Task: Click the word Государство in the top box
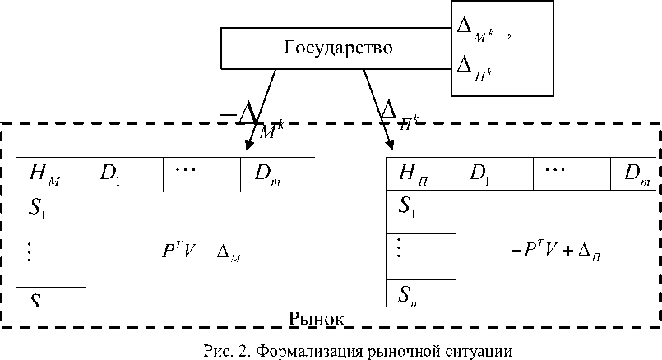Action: point(338,48)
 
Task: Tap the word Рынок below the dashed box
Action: point(315,318)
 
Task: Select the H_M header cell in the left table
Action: point(44,173)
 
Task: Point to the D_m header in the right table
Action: point(637,174)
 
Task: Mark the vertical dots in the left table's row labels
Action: point(30,252)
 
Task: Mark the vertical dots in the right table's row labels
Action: point(400,247)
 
